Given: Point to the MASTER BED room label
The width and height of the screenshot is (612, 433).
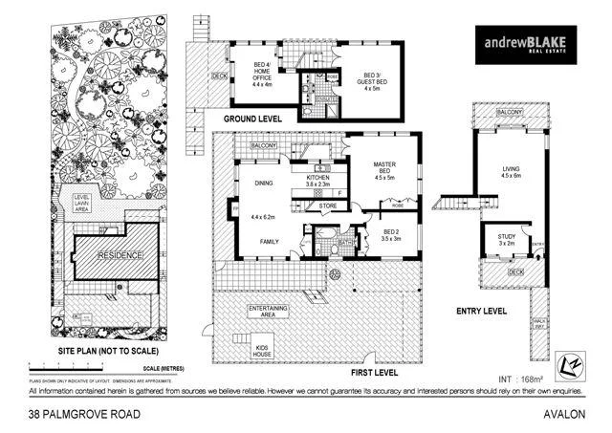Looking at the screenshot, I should pos(384,170).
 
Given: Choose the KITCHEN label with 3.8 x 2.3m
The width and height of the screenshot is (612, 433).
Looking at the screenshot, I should pos(317,182).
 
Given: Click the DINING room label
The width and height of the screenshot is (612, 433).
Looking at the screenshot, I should pos(262,184).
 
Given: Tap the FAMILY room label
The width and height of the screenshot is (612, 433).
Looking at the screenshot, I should pos(270,242).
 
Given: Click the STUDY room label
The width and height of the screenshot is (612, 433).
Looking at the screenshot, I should pos(505,239).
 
